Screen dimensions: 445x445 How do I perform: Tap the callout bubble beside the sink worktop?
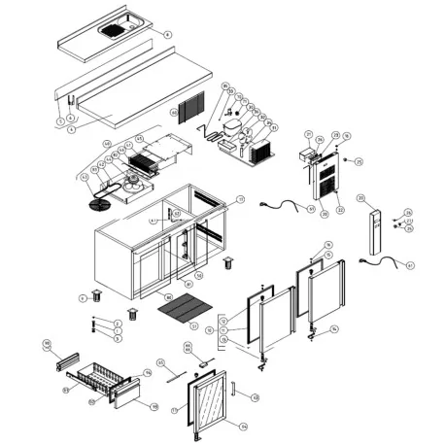(x=167, y=34)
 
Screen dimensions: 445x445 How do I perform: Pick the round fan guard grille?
(x=99, y=205)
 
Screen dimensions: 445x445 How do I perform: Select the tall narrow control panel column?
(x=372, y=234)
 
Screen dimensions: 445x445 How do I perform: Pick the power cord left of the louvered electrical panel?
(x=289, y=205)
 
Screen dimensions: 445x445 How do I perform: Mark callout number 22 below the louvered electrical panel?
(x=339, y=210)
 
